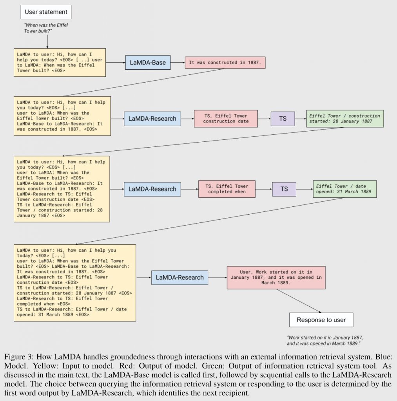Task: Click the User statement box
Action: coord(46,12)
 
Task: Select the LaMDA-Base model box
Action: coord(148,62)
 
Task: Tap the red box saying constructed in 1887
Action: coord(225,63)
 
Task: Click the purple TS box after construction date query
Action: coord(283,119)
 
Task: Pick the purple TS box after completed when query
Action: coord(284,189)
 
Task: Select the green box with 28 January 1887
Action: coord(345,119)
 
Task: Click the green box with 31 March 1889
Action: coord(345,189)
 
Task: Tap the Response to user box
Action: coord(321,320)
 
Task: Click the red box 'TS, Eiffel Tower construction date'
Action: coord(226,119)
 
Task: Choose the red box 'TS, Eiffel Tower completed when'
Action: coord(227,189)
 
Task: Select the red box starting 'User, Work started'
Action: coord(276,278)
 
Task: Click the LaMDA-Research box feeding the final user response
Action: coord(179,278)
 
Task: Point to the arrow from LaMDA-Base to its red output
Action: coord(178,62)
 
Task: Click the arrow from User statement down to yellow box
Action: coord(47,42)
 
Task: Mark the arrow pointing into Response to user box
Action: coord(299,301)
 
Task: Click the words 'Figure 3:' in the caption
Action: coord(19,356)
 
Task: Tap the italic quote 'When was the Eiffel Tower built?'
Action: coord(46,28)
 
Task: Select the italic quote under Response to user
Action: coord(325,340)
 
